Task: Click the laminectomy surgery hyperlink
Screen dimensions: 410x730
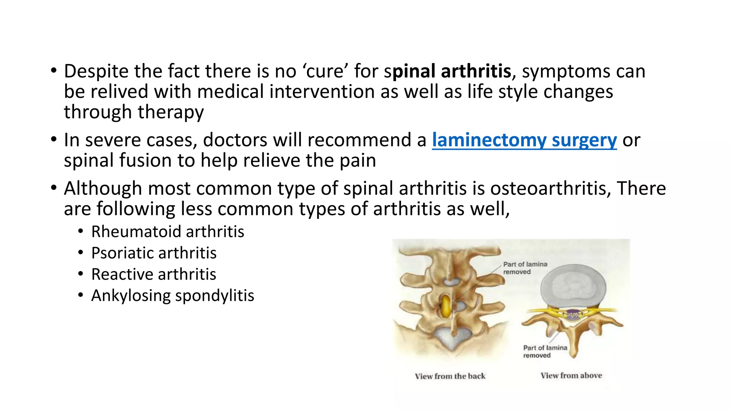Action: [524, 140]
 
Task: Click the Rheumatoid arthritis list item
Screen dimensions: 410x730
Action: [168, 232]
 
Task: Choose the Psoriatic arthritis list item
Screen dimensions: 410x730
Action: [154, 253]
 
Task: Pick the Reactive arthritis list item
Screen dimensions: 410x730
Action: [154, 274]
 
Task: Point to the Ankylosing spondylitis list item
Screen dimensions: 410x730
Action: [173, 296]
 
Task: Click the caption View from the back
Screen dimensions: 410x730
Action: [450, 376]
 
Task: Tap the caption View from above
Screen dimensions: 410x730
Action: [571, 375]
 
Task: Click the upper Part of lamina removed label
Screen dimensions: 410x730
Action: [525, 268]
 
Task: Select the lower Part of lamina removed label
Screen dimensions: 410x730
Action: [545, 351]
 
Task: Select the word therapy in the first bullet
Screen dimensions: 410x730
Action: [170, 112]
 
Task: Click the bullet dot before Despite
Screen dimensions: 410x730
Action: [53, 70]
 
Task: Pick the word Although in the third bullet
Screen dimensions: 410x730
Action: [103, 188]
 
